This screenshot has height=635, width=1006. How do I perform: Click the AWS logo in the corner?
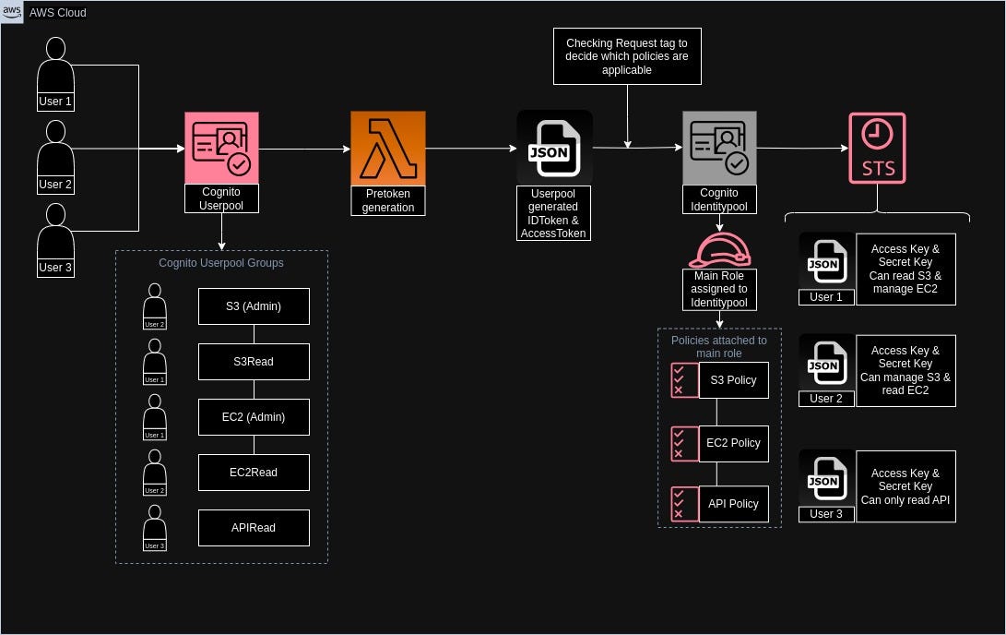click(13, 13)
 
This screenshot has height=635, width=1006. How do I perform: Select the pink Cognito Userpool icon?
click(221, 148)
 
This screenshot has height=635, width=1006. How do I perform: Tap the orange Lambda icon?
click(388, 148)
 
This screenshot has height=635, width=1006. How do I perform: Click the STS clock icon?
click(877, 148)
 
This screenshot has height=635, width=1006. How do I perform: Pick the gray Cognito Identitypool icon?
click(719, 148)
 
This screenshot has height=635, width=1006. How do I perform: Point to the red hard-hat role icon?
click(719, 250)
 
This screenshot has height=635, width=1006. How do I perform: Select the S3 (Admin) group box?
click(254, 306)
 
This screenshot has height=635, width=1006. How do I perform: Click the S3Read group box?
click(254, 362)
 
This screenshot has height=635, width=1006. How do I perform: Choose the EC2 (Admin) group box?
click(254, 417)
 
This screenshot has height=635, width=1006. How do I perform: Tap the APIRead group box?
click(254, 528)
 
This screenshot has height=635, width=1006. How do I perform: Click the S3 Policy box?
click(733, 380)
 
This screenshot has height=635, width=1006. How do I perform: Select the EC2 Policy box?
click(733, 443)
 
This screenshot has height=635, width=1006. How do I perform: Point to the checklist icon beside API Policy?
click(683, 504)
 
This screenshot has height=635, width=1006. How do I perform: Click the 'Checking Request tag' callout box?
click(626, 56)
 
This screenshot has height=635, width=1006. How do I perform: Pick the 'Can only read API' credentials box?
click(905, 486)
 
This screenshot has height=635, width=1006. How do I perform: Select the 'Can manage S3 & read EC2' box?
click(905, 370)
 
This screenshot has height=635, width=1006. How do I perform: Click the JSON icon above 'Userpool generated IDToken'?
click(554, 148)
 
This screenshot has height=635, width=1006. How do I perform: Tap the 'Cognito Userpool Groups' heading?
click(221, 263)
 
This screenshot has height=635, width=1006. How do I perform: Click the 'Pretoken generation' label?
click(388, 201)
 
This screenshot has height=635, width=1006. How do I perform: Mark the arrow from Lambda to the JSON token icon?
click(470, 148)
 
